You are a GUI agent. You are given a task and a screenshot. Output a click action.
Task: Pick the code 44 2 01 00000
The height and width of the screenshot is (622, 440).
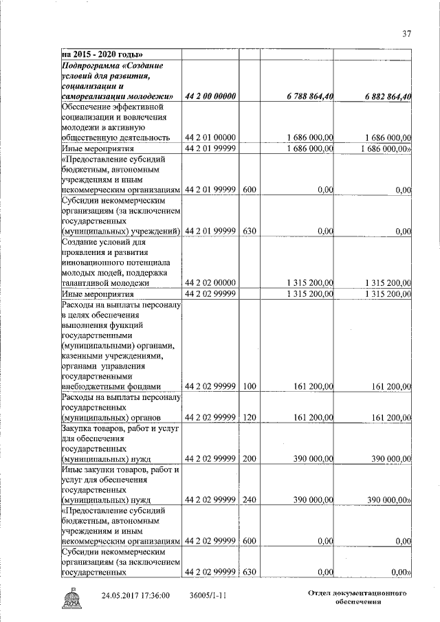[x=210, y=137]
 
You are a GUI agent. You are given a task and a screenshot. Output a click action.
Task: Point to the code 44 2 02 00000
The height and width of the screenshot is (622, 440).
[x=210, y=282]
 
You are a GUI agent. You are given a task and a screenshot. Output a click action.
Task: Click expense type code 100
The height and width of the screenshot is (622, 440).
[x=250, y=386]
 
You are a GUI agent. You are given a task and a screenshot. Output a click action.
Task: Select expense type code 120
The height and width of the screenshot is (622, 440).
[x=250, y=418]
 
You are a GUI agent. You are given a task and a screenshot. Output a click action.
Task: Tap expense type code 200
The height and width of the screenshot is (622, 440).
[x=250, y=458]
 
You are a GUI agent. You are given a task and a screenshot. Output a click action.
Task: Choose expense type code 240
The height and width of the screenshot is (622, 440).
[x=250, y=500]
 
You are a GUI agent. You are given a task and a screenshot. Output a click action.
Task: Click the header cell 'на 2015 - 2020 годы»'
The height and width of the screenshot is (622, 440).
[x=102, y=54]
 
